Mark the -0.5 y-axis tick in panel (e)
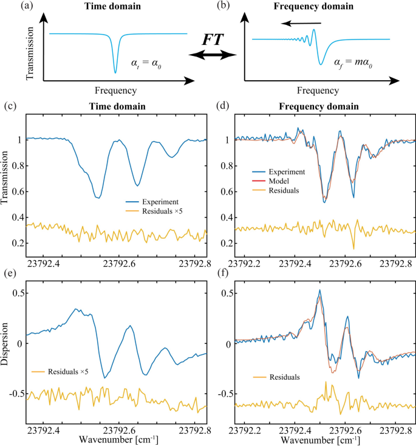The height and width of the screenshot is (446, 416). [x=30, y=394]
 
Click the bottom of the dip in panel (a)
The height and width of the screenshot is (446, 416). [x=114, y=72]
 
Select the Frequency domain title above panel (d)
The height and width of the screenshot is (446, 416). [x=319, y=106]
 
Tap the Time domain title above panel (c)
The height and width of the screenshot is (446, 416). [x=119, y=106]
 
